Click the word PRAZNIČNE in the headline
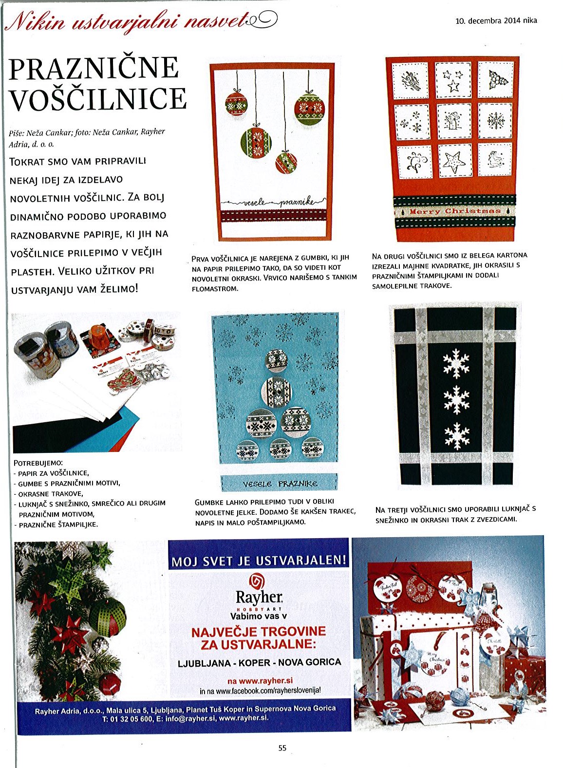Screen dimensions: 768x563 point(94,68)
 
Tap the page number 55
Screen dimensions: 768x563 point(282,748)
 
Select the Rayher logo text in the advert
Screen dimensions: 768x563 point(259,598)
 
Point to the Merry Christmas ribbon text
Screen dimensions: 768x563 point(455,211)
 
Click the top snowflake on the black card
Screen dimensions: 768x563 point(456,363)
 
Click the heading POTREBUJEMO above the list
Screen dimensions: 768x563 point(38,463)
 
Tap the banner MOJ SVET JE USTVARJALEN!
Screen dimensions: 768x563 point(259,561)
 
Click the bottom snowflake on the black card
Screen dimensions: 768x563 point(456,436)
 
